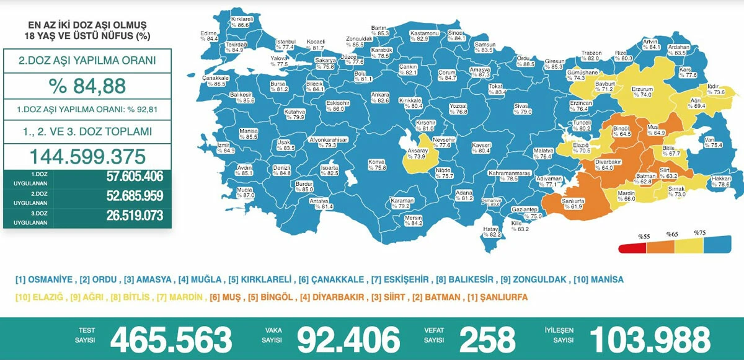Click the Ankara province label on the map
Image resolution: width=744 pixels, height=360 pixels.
(379, 97)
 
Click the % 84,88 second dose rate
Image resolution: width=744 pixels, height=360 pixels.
(87, 86)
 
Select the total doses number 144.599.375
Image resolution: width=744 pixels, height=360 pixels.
(87, 156)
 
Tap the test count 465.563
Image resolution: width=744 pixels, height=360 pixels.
(171, 339)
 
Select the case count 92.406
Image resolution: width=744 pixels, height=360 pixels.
(348, 339)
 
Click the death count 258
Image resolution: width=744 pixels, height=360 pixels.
(487, 339)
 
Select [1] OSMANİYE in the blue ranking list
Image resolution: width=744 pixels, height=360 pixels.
(44, 279)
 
